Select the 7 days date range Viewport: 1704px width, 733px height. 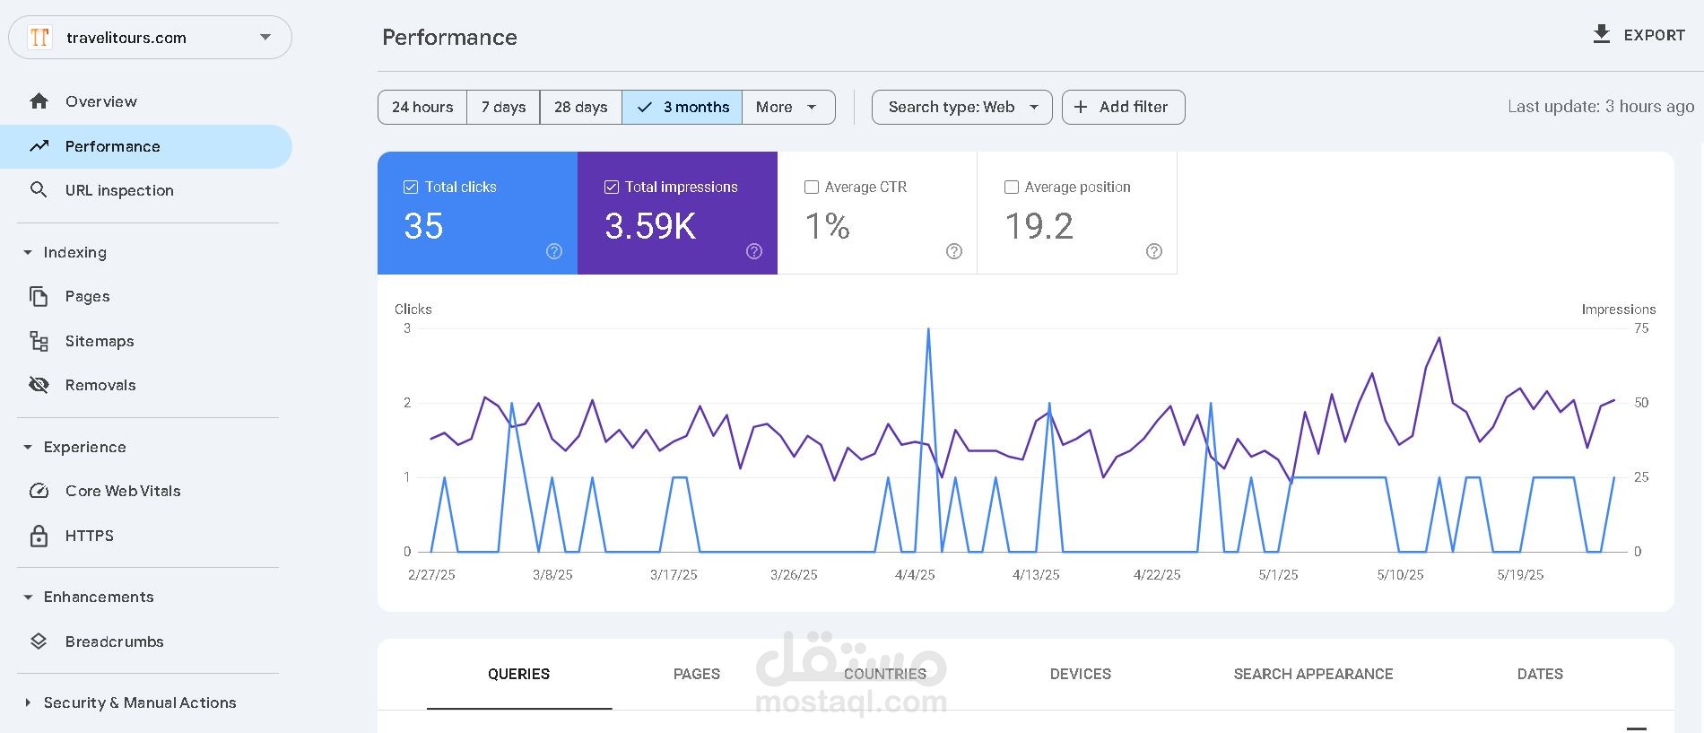(x=503, y=107)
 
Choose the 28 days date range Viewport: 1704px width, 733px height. (x=580, y=107)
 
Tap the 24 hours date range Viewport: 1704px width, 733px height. (x=422, y=107)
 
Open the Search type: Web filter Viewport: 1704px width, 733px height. (x=961, y=107)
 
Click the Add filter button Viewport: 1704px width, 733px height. (x=1123, y=107)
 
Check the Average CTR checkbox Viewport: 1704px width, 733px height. (x=812, y=187)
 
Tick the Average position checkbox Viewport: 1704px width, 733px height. (x=1012, y=187)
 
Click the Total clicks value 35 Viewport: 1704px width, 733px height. (x=423, y=226)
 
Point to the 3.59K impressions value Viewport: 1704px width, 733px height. (x=650, y=226)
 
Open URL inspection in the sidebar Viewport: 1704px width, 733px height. (x=119, y=190)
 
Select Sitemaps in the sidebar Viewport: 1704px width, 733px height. (x=100, y=341)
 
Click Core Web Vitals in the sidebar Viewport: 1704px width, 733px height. (x=123, y=491)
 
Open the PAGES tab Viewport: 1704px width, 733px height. (x=697, y=674)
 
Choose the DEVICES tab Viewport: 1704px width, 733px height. (x=1080, y=674)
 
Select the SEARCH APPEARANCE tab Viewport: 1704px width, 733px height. (x=1313, y=674)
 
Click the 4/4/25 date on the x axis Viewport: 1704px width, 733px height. (x=915, y=575)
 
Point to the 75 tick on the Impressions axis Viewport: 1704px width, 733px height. (x=1641, y=328)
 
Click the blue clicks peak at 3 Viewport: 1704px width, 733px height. (x=928, y=329)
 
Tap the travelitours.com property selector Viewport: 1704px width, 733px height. (x=150, y=38)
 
